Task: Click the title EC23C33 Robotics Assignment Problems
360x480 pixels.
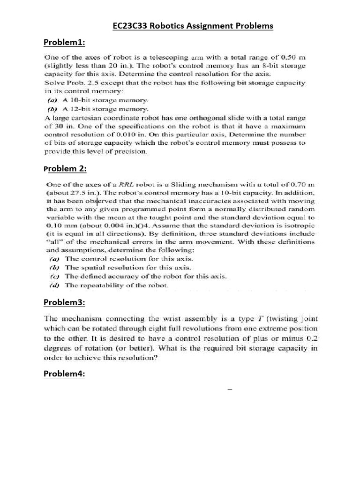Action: tap(193, 26)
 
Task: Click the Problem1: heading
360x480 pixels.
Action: tap(64, 43)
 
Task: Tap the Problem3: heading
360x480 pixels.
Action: tap(64, 303)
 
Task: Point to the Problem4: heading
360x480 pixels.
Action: tap(64, 374)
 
